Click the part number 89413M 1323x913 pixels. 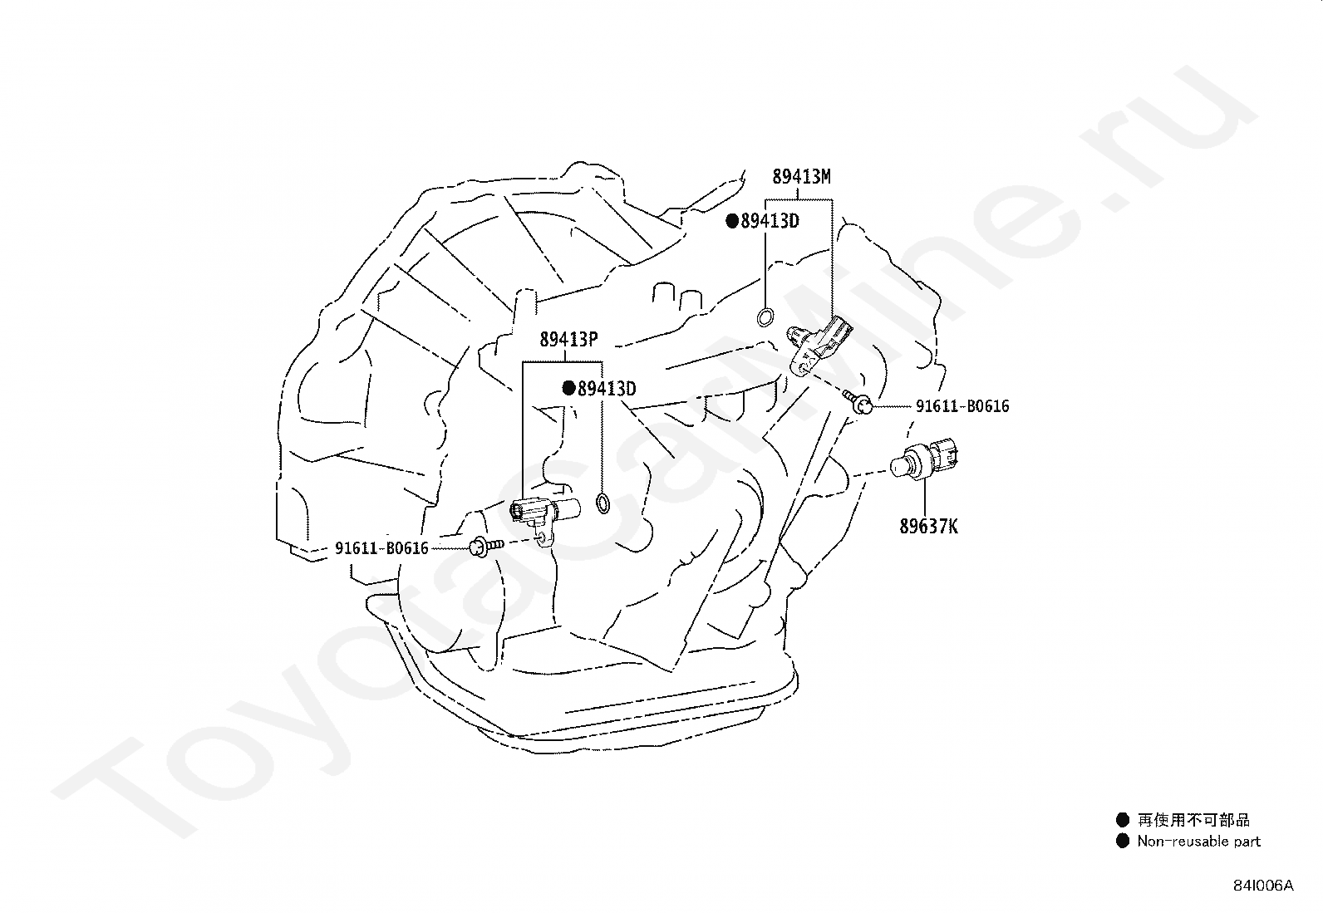point(801,177)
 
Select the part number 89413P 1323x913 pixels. point(568,340)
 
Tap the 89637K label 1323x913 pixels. point(928,527)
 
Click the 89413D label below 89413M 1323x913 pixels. point(770,221)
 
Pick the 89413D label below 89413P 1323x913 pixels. point(607,389)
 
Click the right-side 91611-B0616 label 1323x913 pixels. point(962,406)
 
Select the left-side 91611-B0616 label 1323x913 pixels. point(381,548)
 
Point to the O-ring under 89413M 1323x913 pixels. point(765,317)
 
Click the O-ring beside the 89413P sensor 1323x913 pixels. point(603,502)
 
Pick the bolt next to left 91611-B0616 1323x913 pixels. point(485,546)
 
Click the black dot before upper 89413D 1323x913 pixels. point(732,221)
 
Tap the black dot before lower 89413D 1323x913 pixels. point(569,388)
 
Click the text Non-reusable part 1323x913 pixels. point(1199,842)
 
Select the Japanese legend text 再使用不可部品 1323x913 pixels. point(1194,820)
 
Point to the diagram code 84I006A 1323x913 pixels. point(1263,886)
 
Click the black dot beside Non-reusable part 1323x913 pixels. point(1123,841)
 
